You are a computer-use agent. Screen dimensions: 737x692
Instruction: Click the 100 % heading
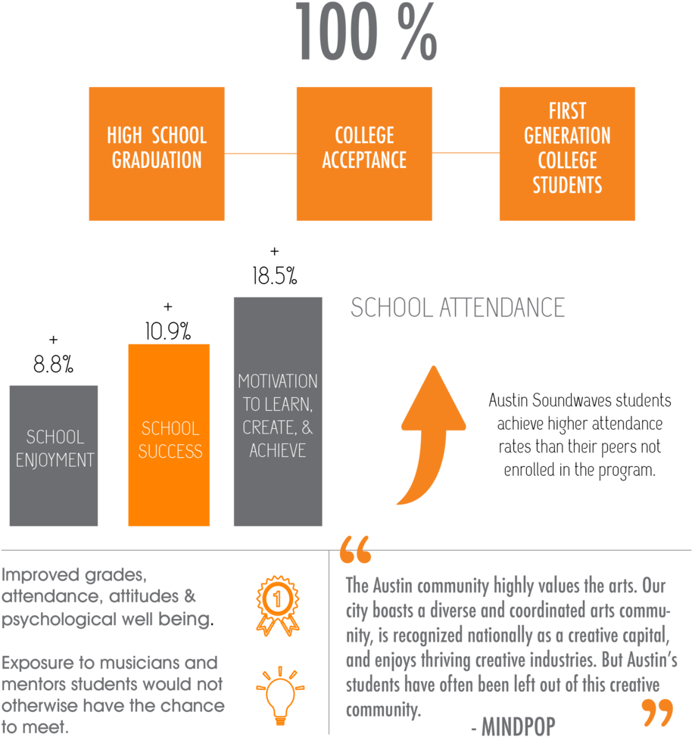[x=366, y=32]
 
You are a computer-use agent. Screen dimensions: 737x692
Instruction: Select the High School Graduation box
[x=157, y=154]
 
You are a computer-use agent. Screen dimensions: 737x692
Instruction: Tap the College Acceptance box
[x=364, y=154]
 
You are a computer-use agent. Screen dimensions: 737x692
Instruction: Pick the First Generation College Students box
[x=567, y=154]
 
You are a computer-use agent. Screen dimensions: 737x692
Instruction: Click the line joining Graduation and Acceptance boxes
[x=260, y=154]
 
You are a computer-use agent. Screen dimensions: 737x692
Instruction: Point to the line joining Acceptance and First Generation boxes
[x=466, y=153]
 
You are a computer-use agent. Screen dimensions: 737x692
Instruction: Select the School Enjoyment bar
[x=54, y=456]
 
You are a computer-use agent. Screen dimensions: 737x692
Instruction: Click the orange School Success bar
[x=170, y=435]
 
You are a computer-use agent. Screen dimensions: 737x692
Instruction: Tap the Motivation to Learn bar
[x=278, y=412]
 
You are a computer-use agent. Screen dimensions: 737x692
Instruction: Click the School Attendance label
[x=457, y=308]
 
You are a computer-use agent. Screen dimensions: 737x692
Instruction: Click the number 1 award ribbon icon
[x=277, y=604]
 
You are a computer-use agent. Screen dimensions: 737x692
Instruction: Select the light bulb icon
[x=280, y=694]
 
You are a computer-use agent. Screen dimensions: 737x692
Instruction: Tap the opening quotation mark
[x=356, y=550]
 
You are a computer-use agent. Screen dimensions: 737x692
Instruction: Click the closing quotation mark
[x=657, y=712]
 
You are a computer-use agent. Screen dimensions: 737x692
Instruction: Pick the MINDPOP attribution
[x=513, y=726]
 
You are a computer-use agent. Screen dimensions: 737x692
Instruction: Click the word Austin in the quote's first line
[x=392, y=586]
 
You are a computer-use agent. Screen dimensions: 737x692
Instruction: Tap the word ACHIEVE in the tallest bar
[x=278, y=451]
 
